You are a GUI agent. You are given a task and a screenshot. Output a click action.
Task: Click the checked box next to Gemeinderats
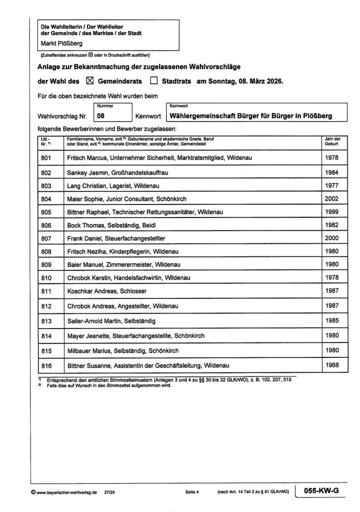[90, 80]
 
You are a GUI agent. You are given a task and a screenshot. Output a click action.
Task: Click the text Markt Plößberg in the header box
[62, 43]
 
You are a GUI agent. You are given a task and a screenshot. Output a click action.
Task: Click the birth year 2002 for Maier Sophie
[331, 198]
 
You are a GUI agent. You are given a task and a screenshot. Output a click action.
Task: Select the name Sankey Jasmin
[85, 172]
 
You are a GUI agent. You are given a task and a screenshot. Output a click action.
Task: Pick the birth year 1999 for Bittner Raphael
[331, 212]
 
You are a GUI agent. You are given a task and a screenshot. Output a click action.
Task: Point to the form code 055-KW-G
[322, 490]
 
